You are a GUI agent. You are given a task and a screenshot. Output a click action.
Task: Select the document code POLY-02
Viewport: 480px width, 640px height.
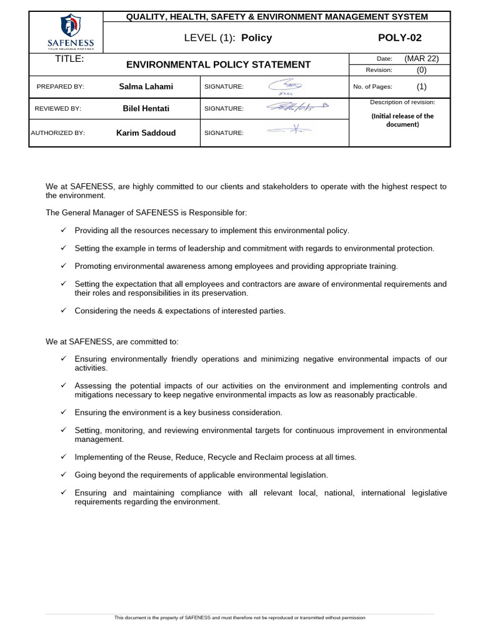(400, 37)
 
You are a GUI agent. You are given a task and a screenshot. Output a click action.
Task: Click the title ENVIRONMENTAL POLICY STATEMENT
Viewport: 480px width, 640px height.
(218, 64)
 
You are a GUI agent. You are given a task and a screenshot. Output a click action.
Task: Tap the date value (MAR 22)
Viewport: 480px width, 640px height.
(421, 59)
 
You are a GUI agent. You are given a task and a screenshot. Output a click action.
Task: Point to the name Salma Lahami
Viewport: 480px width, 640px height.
(146, 87)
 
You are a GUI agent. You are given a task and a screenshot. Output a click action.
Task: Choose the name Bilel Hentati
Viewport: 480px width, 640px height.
(146, 108)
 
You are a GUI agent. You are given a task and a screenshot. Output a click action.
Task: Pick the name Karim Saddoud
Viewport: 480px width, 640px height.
(146, 132)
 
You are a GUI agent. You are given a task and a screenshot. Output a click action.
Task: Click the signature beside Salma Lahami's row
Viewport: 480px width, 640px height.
(285, 87)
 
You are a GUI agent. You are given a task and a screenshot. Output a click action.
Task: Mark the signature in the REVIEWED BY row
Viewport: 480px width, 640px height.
(297, 107)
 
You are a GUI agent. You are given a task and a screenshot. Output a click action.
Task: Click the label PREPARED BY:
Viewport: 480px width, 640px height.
(60, 87)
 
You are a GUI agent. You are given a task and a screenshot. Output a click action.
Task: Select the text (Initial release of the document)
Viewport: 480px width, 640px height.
(402, 120)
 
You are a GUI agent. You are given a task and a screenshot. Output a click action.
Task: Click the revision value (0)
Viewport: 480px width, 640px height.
(421, 70)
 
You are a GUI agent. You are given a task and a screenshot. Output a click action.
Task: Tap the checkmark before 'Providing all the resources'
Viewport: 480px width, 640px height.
(63, 230)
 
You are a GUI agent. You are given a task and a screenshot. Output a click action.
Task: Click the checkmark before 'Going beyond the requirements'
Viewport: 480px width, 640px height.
(63, 474)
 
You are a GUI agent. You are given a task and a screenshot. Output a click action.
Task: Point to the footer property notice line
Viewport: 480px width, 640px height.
(239, 617)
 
